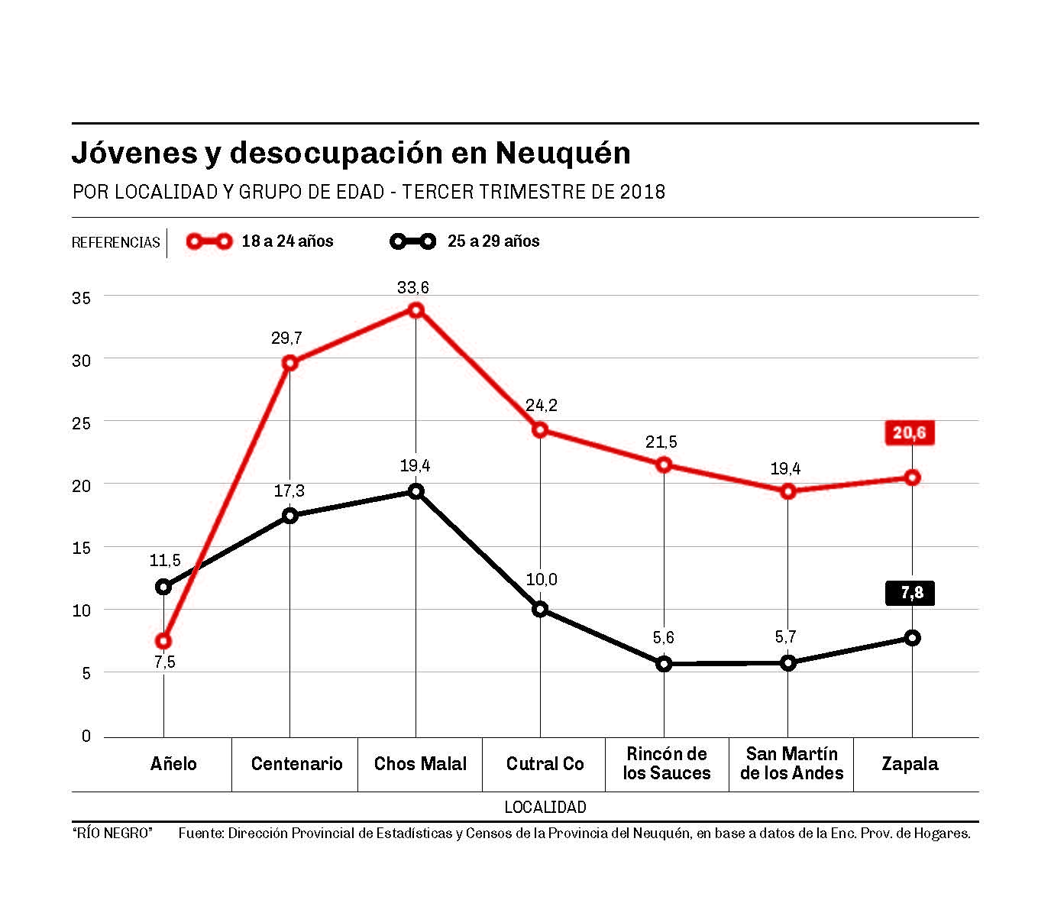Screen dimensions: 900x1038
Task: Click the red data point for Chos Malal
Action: click(x=416, y=309)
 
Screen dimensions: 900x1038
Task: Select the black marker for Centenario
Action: click(x=289, y=516)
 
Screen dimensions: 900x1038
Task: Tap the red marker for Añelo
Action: click(x=163, y=640)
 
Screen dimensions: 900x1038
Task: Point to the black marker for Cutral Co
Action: click(x=540, y=609)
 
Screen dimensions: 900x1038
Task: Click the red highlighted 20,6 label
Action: click(x=909, y=433)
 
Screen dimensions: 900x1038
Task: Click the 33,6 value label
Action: click(x=413, y=288)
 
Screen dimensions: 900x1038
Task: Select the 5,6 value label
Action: click(x=664, y=638)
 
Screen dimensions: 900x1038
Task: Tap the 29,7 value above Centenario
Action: click(x=286, y=338)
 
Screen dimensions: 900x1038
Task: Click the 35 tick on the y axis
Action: click(x=81, y=297)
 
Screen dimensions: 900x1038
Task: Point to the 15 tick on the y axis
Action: click(x=81, y=548)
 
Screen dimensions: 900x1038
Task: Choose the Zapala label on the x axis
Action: click(x=910, y=764)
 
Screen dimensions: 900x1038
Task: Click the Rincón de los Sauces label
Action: click(x=666, y=764)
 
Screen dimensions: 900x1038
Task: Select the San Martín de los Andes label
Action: click(x=791, y=764)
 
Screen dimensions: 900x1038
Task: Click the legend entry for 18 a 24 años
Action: click(x=260, y=241)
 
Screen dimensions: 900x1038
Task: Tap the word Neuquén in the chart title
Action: click(x=563, y=153)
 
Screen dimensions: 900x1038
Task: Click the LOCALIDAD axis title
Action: click(x=545, y=807)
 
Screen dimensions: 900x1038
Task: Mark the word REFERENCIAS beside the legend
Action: click(x=116, y=243)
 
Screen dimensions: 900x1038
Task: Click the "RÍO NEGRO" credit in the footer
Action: click(x=112, y=834)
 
